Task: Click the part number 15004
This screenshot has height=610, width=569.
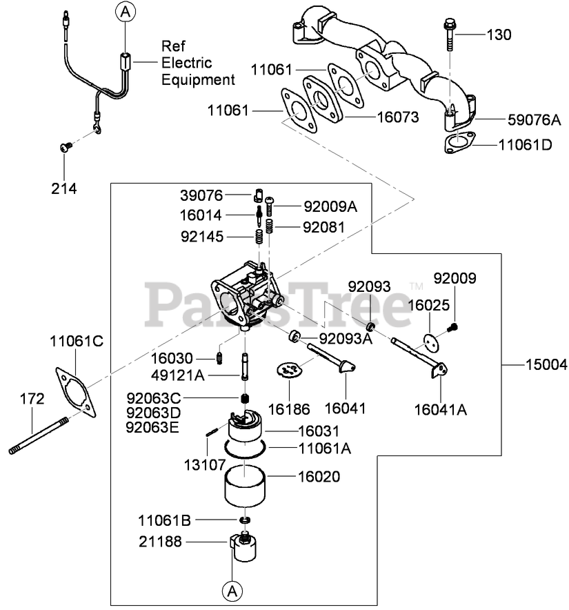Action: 546,365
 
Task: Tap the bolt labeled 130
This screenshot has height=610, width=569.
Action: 450,35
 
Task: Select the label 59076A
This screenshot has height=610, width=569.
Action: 535,120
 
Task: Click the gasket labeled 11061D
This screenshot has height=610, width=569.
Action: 460,142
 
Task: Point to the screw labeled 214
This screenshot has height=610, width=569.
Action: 66,147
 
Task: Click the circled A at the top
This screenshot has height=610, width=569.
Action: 126,12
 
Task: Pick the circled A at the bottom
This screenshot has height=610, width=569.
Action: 232,592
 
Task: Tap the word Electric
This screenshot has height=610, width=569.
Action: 187,63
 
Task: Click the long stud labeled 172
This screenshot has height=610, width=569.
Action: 39,435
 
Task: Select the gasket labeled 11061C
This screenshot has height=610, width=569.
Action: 75,392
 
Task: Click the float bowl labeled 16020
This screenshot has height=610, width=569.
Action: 245,487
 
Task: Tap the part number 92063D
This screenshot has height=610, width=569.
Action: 153,413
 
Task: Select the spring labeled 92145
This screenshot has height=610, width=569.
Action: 259,237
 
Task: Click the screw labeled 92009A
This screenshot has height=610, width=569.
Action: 270,206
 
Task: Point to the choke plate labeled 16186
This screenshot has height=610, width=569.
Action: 289,370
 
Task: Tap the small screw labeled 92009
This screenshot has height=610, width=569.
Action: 452,328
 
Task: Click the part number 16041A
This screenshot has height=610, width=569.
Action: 441,410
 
